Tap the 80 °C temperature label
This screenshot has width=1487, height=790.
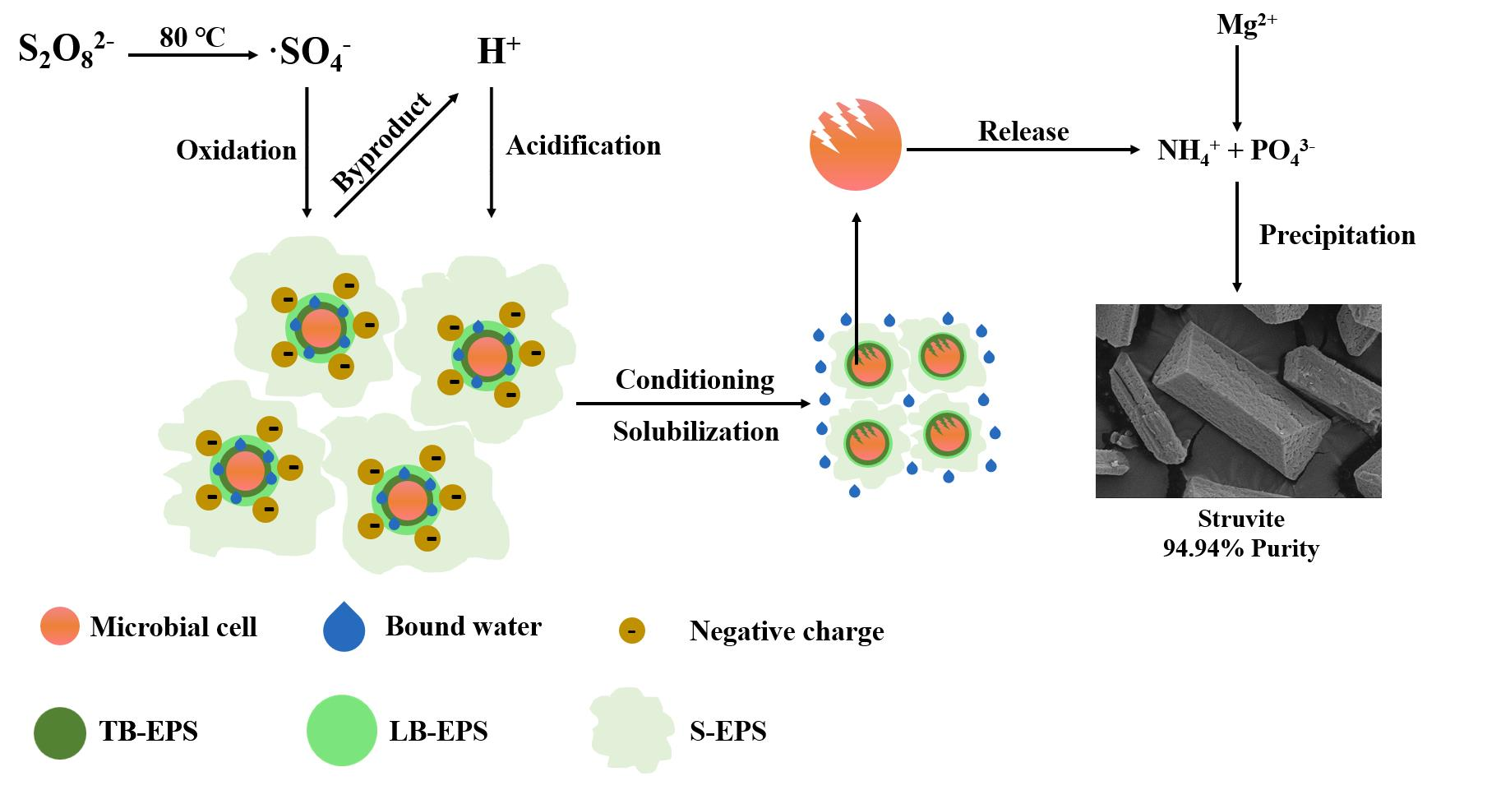tap(192, 37)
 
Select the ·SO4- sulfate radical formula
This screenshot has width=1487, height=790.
tap(311, 54)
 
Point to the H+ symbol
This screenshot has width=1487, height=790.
tap(498, 53)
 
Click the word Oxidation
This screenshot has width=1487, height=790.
tap(236, 150)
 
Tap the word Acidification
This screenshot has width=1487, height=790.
tap(583, 146)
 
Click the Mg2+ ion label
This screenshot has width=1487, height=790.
tap(1246, 25)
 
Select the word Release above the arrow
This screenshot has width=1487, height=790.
tap(1023, 132)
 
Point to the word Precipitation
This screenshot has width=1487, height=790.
tap(1337, 235)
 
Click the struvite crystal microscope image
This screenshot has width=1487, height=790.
tap(1238, 400)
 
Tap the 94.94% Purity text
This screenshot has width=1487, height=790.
tap(1240, 548)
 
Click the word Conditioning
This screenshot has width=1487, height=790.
tap(695, 380)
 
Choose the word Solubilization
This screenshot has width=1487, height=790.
tap(695, 432)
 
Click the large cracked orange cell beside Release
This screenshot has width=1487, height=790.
tap(855, 146)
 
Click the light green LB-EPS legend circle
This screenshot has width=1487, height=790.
tap(341, 731)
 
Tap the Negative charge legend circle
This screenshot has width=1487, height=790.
tap(632, 631)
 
